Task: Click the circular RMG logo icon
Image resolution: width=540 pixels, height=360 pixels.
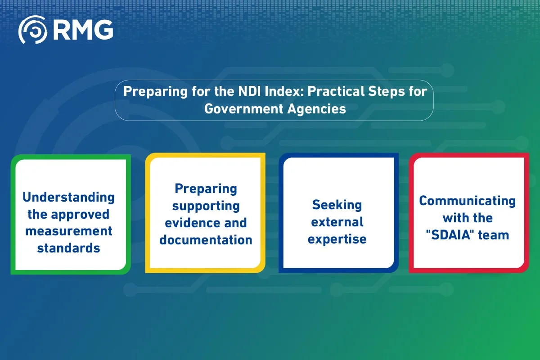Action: pos(32,30)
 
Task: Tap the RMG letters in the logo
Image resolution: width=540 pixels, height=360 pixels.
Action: pos(83,30)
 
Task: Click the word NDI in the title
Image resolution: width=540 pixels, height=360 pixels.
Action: pos(249,91)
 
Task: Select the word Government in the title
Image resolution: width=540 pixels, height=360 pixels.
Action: pos(243,109)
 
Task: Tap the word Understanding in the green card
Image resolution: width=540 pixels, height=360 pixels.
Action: pos(68,198)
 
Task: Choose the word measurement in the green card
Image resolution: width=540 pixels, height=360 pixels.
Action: pos(69,231)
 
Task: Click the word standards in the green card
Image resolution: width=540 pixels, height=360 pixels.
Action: pos(69,248)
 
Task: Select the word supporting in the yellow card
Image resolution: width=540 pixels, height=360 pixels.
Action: pos(206,207)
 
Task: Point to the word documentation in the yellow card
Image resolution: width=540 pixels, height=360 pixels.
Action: pos(206,240)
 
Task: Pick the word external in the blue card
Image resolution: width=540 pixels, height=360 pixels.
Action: pos(337,222)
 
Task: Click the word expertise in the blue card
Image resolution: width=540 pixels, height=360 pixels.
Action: pos(337,239)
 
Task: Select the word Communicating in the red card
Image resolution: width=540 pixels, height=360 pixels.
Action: pos(468,201)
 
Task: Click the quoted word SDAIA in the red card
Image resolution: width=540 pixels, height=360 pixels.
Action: pos(448,235)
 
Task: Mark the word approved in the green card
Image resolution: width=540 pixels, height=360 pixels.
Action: pos(80,215)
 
